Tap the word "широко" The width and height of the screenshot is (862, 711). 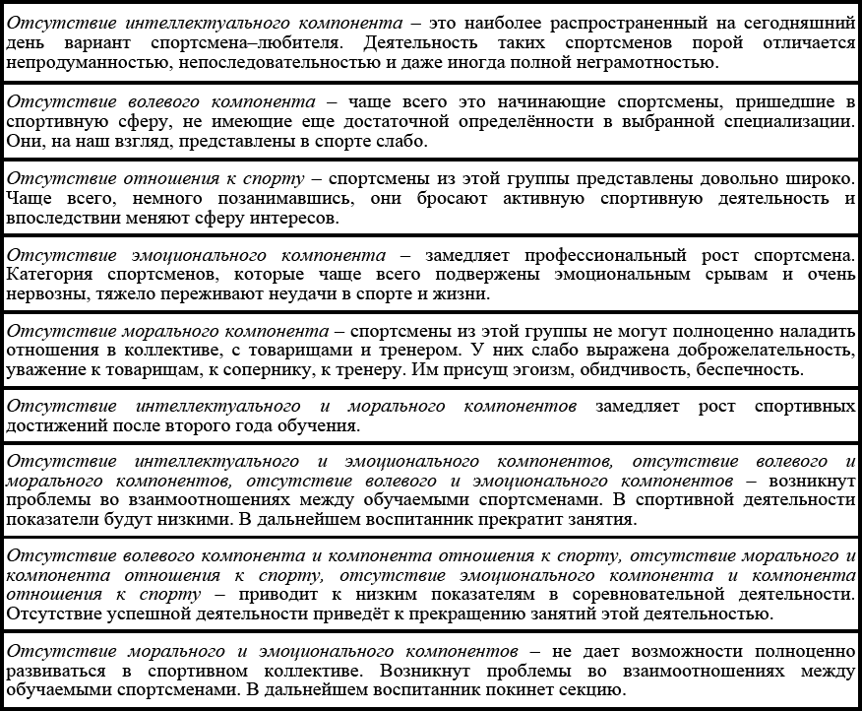(814, 179)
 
